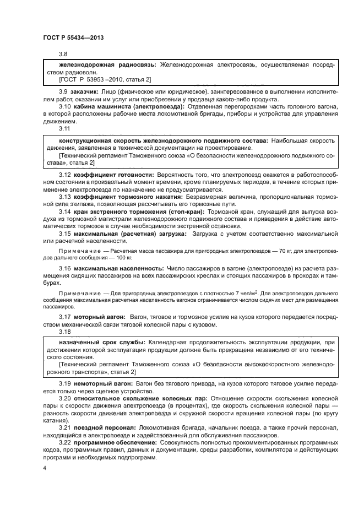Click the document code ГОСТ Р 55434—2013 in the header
click(73, 37)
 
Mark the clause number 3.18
click(65, 332)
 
